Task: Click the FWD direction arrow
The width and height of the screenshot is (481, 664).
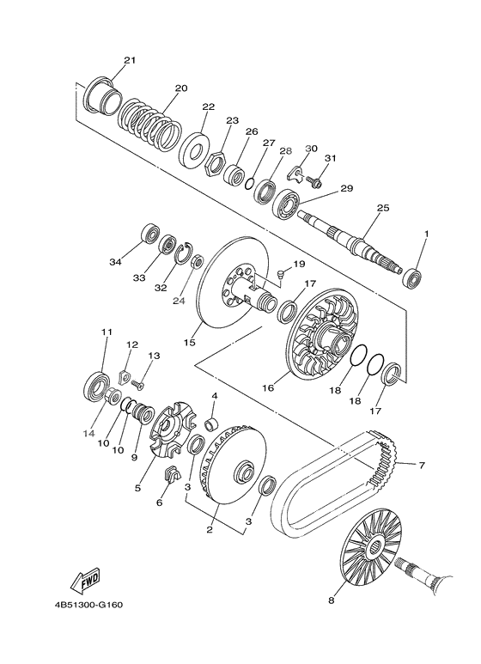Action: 86,579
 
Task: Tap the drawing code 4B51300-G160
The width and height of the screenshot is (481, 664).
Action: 88,605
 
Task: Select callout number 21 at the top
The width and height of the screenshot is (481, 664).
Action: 130,60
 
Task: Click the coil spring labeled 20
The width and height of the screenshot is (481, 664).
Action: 149,124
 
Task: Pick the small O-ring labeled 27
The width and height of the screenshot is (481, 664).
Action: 250,183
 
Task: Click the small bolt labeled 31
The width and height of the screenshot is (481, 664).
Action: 315,182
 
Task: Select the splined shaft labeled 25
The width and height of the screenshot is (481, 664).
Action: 350,241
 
